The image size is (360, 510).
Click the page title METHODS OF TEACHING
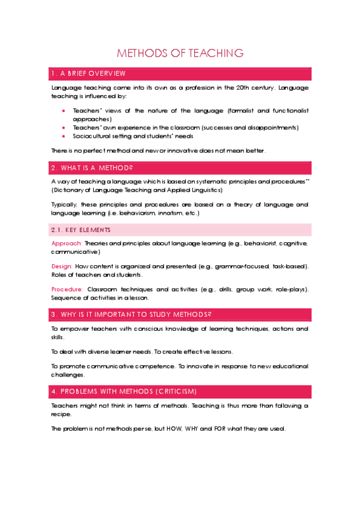tap(180, 53)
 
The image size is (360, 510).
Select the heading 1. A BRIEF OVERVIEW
tap(88, 73)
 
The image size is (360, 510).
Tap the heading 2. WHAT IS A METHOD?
tap(91, 167)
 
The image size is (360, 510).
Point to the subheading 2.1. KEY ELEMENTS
tap(81, 230)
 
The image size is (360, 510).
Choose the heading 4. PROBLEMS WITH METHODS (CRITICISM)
tap(124, 391)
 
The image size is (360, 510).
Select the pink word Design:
tap(61, 266)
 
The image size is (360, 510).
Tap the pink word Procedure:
tap(67, 289)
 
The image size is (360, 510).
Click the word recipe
tap(61, 414)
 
